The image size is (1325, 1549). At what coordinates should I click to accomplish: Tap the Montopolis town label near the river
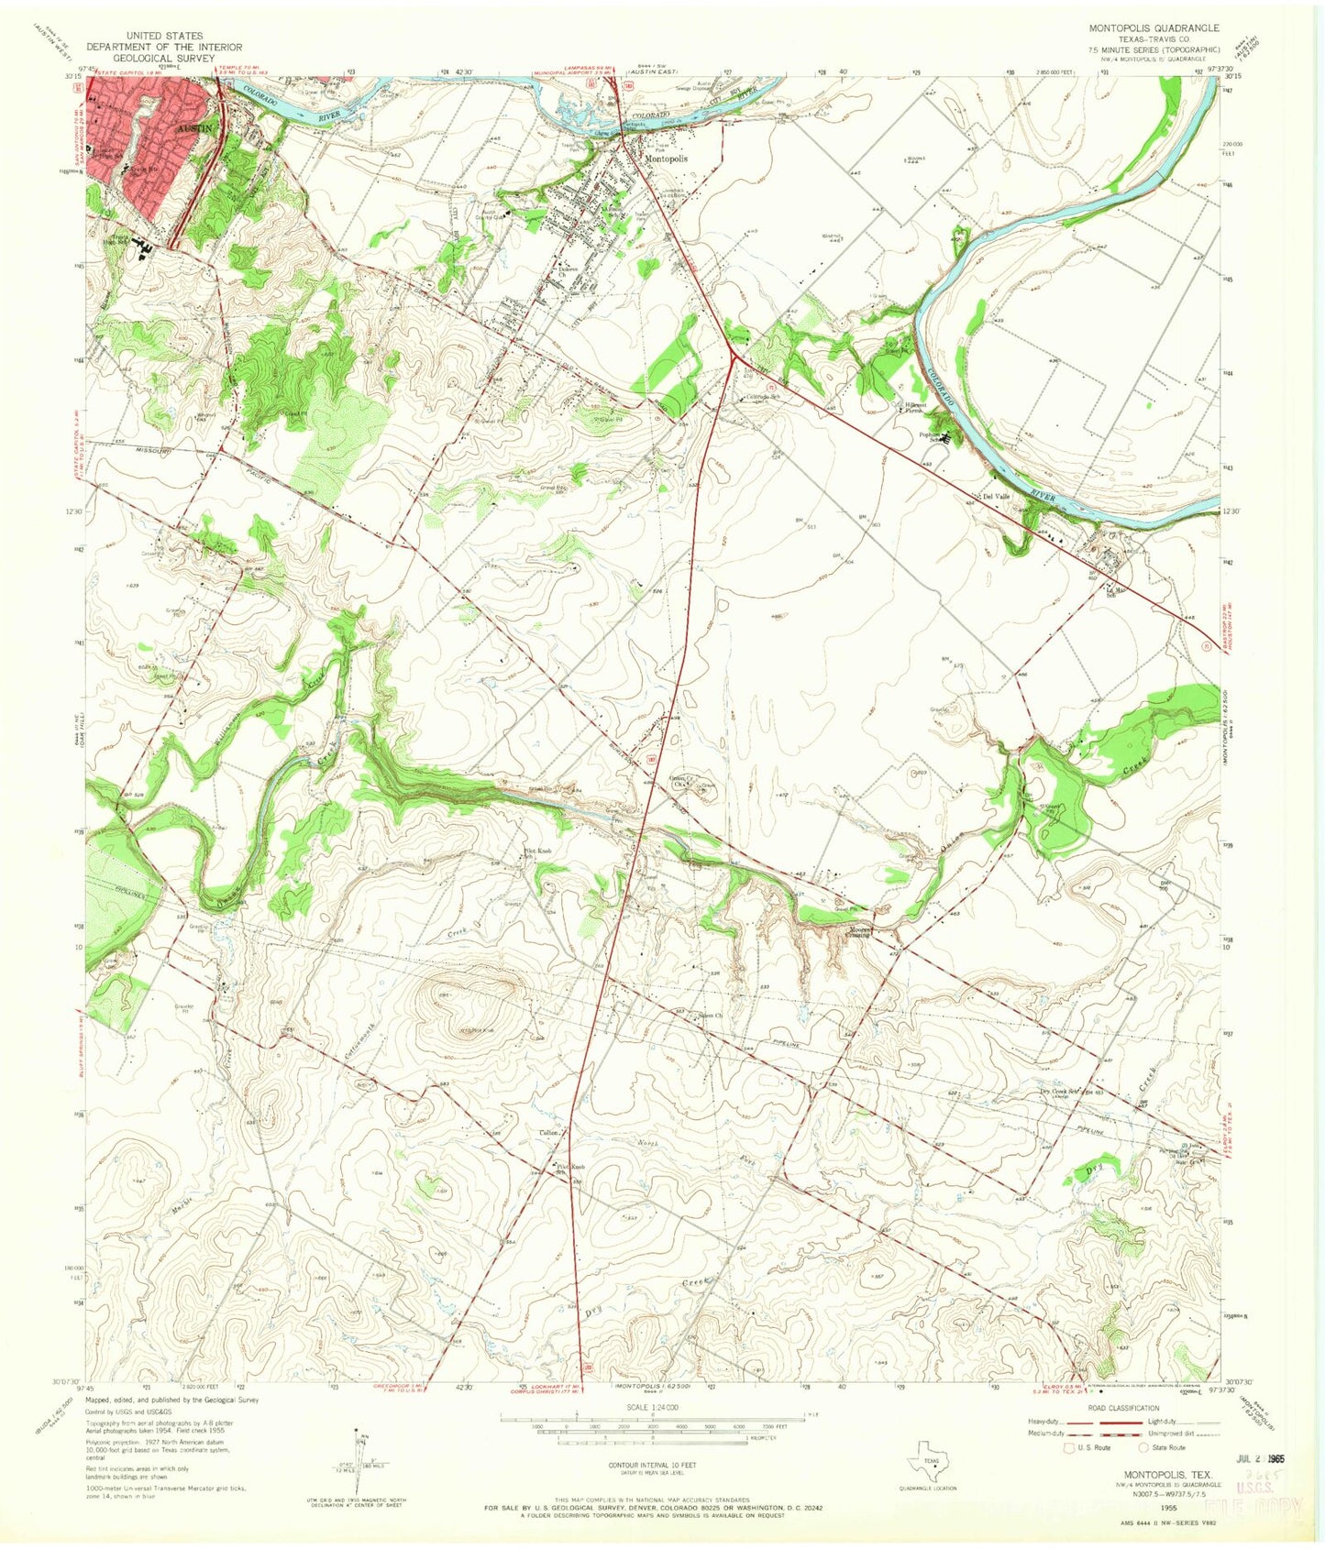666,158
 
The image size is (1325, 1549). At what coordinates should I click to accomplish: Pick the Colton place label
548,1133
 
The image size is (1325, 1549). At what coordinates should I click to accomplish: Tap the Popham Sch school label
933,439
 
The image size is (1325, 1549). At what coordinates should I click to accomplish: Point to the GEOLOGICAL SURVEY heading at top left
165,57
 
